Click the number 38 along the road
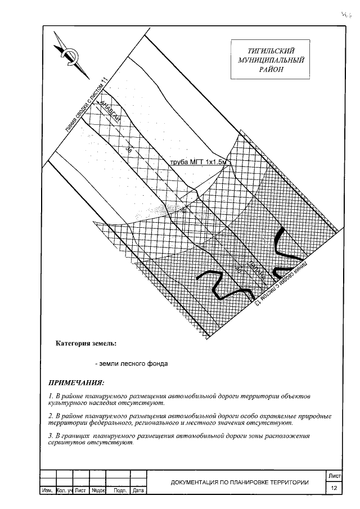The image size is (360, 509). coord(128,148)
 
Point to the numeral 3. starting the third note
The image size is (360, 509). coord(51,436)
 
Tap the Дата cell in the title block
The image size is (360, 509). coord(138,491)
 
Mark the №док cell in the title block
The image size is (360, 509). coord(99,491)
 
